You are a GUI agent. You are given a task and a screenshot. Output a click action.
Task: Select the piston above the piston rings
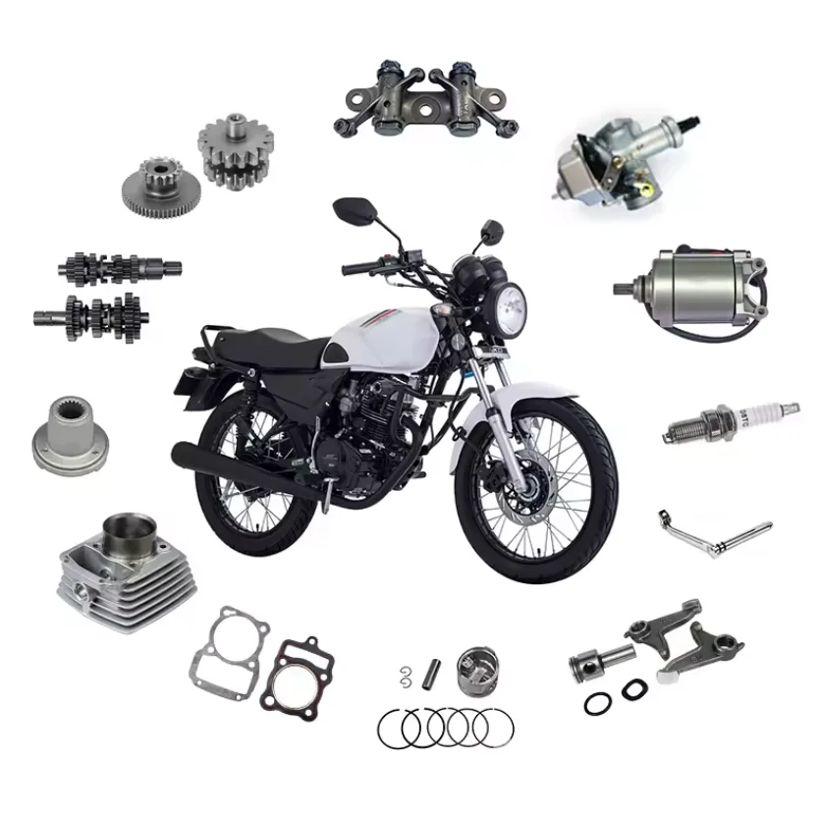click(475, 672)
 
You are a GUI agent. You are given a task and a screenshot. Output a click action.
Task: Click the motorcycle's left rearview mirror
click(348, 208)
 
